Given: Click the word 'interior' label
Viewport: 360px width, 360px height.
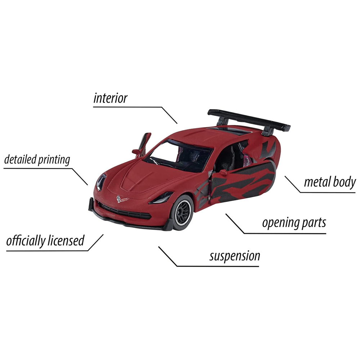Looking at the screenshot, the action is point(110,98).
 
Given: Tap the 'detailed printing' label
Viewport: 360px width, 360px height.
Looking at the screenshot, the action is point(37,159).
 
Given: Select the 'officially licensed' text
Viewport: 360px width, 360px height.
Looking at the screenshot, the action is point(45,240).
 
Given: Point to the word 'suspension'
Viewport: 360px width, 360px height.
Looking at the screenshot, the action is point(235,256).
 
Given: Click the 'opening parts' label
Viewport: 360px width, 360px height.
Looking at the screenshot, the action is point(294,223).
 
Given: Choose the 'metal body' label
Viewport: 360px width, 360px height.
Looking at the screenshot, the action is point(330,182).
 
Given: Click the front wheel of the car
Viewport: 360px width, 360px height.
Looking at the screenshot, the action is point(183,212).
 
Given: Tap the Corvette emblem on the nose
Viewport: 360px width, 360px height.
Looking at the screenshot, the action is point(121,199).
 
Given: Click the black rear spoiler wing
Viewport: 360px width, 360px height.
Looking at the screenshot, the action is point(249,121).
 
